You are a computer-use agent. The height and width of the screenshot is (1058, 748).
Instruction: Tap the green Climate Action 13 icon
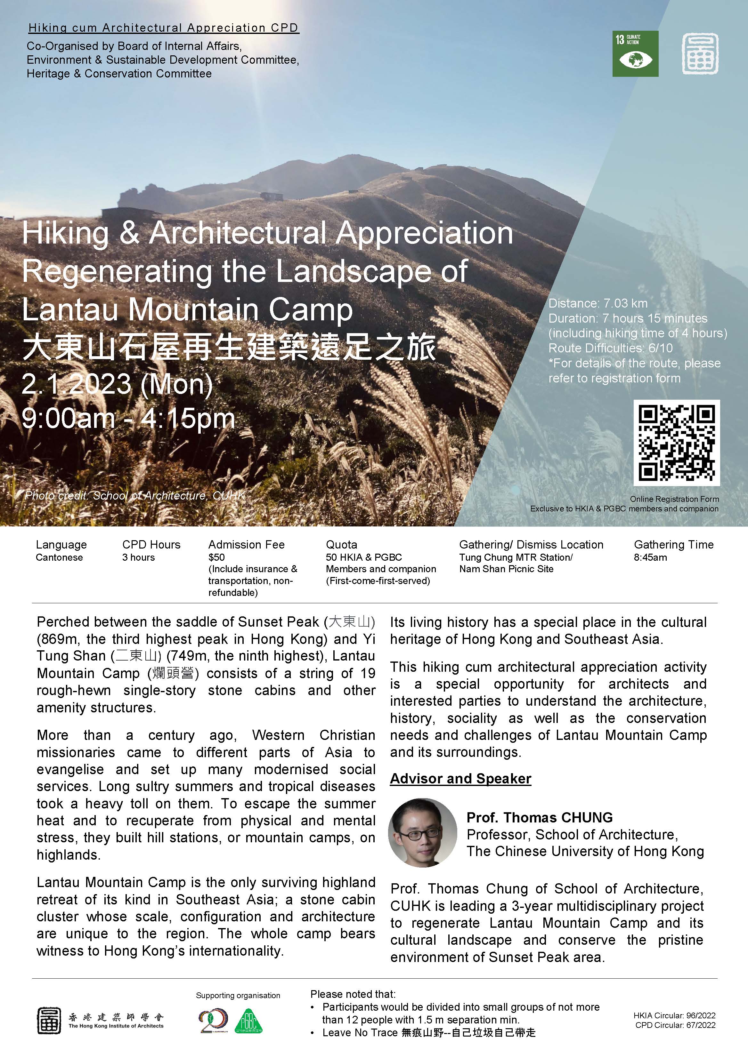pos(635,53)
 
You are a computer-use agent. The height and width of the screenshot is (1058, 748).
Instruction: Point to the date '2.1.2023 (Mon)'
pos(117,384)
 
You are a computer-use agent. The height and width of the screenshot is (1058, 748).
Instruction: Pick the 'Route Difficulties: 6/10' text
pos(610,348)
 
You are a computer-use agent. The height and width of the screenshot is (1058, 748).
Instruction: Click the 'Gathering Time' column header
pos(673,544)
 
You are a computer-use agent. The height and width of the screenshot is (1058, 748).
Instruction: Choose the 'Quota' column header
pos(341,544)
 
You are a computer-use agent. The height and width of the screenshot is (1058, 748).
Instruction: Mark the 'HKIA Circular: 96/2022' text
pos(674,1015)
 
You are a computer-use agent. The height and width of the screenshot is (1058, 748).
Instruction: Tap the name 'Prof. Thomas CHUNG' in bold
pos(539,817)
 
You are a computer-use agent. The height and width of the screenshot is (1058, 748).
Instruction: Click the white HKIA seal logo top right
pos(700,53)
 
